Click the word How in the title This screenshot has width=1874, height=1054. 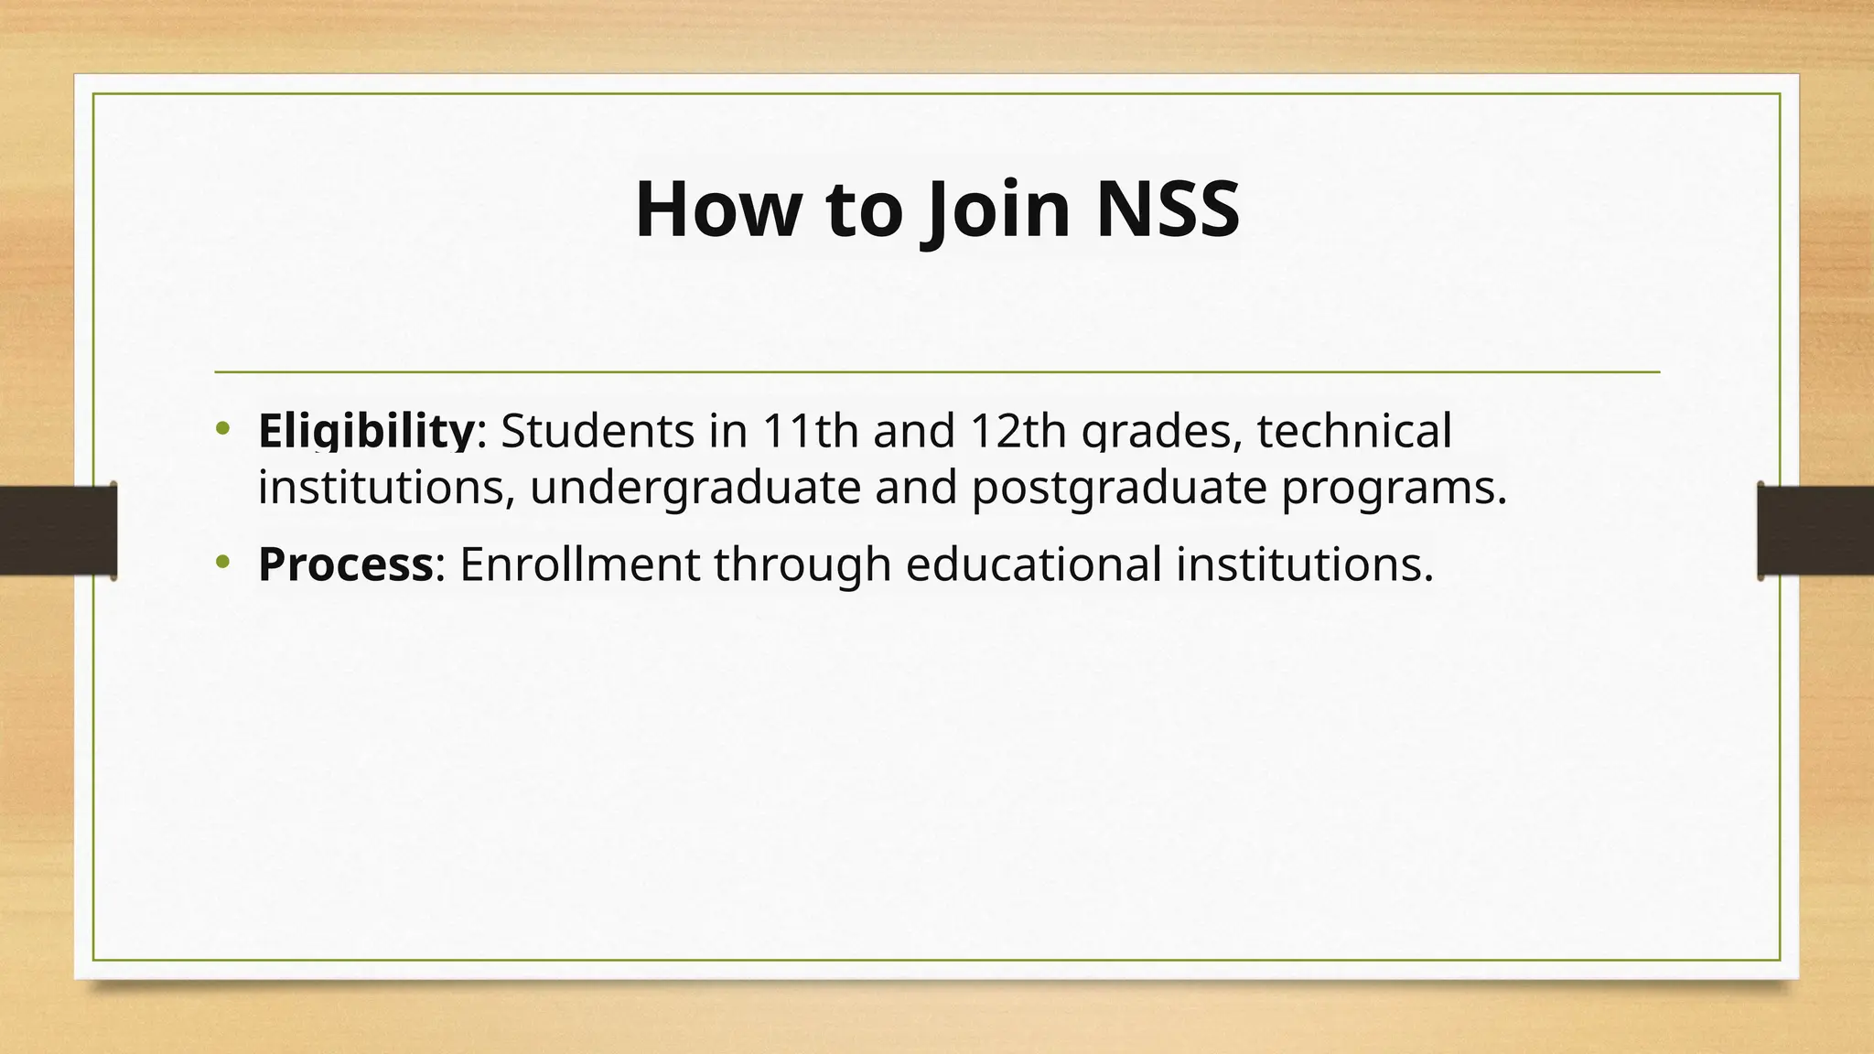click(716, 210)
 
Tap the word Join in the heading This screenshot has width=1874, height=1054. click(996, 210)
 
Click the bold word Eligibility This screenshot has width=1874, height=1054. click(366, 431)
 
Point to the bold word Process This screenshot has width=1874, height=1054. click(345, 565)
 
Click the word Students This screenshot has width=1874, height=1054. click(598, 431)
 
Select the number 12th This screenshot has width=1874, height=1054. click(1018, 431)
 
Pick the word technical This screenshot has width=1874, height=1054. click(1354, 431)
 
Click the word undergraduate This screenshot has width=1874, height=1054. click(695, 487)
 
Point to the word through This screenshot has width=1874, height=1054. click(802, 565)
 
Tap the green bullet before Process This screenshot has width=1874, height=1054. click(223, 562)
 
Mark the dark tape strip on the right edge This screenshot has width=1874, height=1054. click(1815, 531)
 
